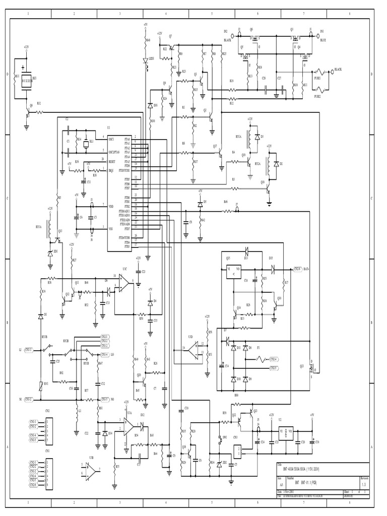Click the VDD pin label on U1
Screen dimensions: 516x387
click(111, 207)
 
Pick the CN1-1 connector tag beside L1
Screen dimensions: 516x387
click(28, 349)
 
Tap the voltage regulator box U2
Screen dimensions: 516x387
click(286, 432)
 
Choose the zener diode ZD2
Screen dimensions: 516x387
click(219, 463)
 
